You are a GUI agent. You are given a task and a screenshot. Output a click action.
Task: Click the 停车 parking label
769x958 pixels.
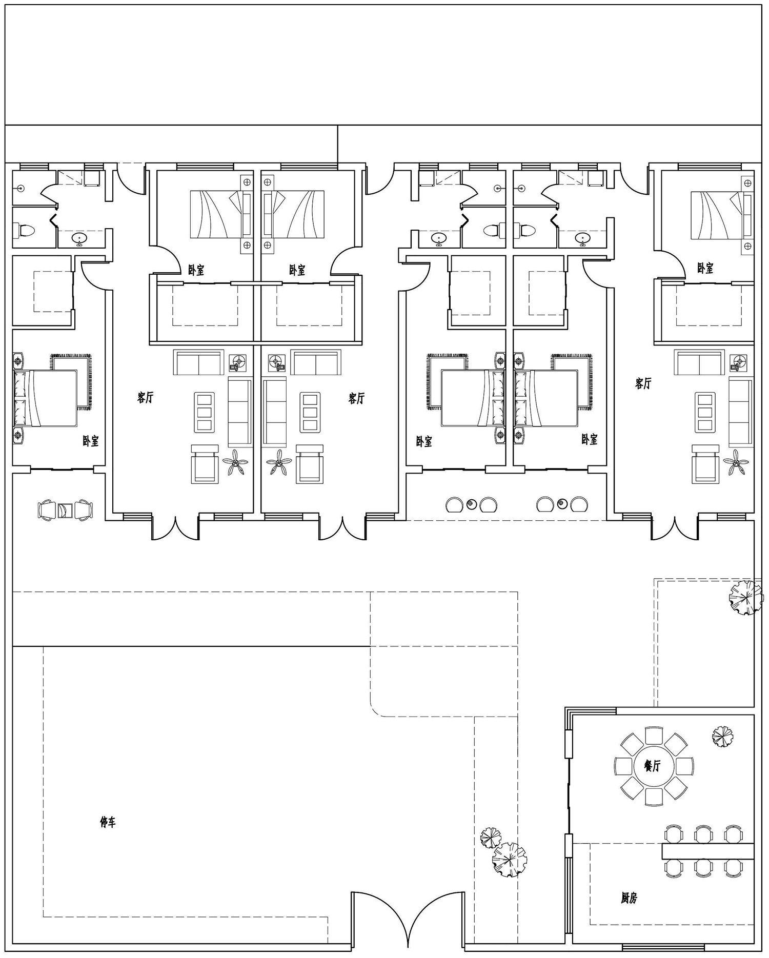point(108,823)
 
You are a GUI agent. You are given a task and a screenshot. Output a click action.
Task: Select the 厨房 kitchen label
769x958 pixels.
point(629,898)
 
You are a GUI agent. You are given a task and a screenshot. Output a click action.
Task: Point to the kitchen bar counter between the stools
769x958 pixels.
point(708,851)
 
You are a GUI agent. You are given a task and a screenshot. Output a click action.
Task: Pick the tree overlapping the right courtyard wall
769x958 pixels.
point(746,597)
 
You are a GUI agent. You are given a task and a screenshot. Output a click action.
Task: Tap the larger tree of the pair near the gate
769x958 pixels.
point(509,860)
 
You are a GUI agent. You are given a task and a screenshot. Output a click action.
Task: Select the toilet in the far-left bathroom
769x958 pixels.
point(24,230)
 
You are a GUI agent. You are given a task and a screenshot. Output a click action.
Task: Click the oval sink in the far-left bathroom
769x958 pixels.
point(79,238)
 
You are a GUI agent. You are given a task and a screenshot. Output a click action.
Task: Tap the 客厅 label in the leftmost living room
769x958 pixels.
point(145,397)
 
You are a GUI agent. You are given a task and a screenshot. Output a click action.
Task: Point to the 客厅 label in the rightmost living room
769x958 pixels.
point(643,383)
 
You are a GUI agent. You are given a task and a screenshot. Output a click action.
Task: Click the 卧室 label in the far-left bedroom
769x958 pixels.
point(91,441)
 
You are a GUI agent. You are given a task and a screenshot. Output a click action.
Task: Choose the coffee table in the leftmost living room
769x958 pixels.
point(204,412)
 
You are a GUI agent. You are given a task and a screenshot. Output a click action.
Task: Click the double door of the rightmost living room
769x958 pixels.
point(675,528)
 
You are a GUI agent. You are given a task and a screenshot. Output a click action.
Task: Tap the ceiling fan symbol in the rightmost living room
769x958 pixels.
point(737,463)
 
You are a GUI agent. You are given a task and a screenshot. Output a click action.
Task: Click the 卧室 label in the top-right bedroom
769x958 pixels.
point(705,268)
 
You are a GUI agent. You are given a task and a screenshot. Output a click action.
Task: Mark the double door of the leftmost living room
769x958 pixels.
point(175,528)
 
